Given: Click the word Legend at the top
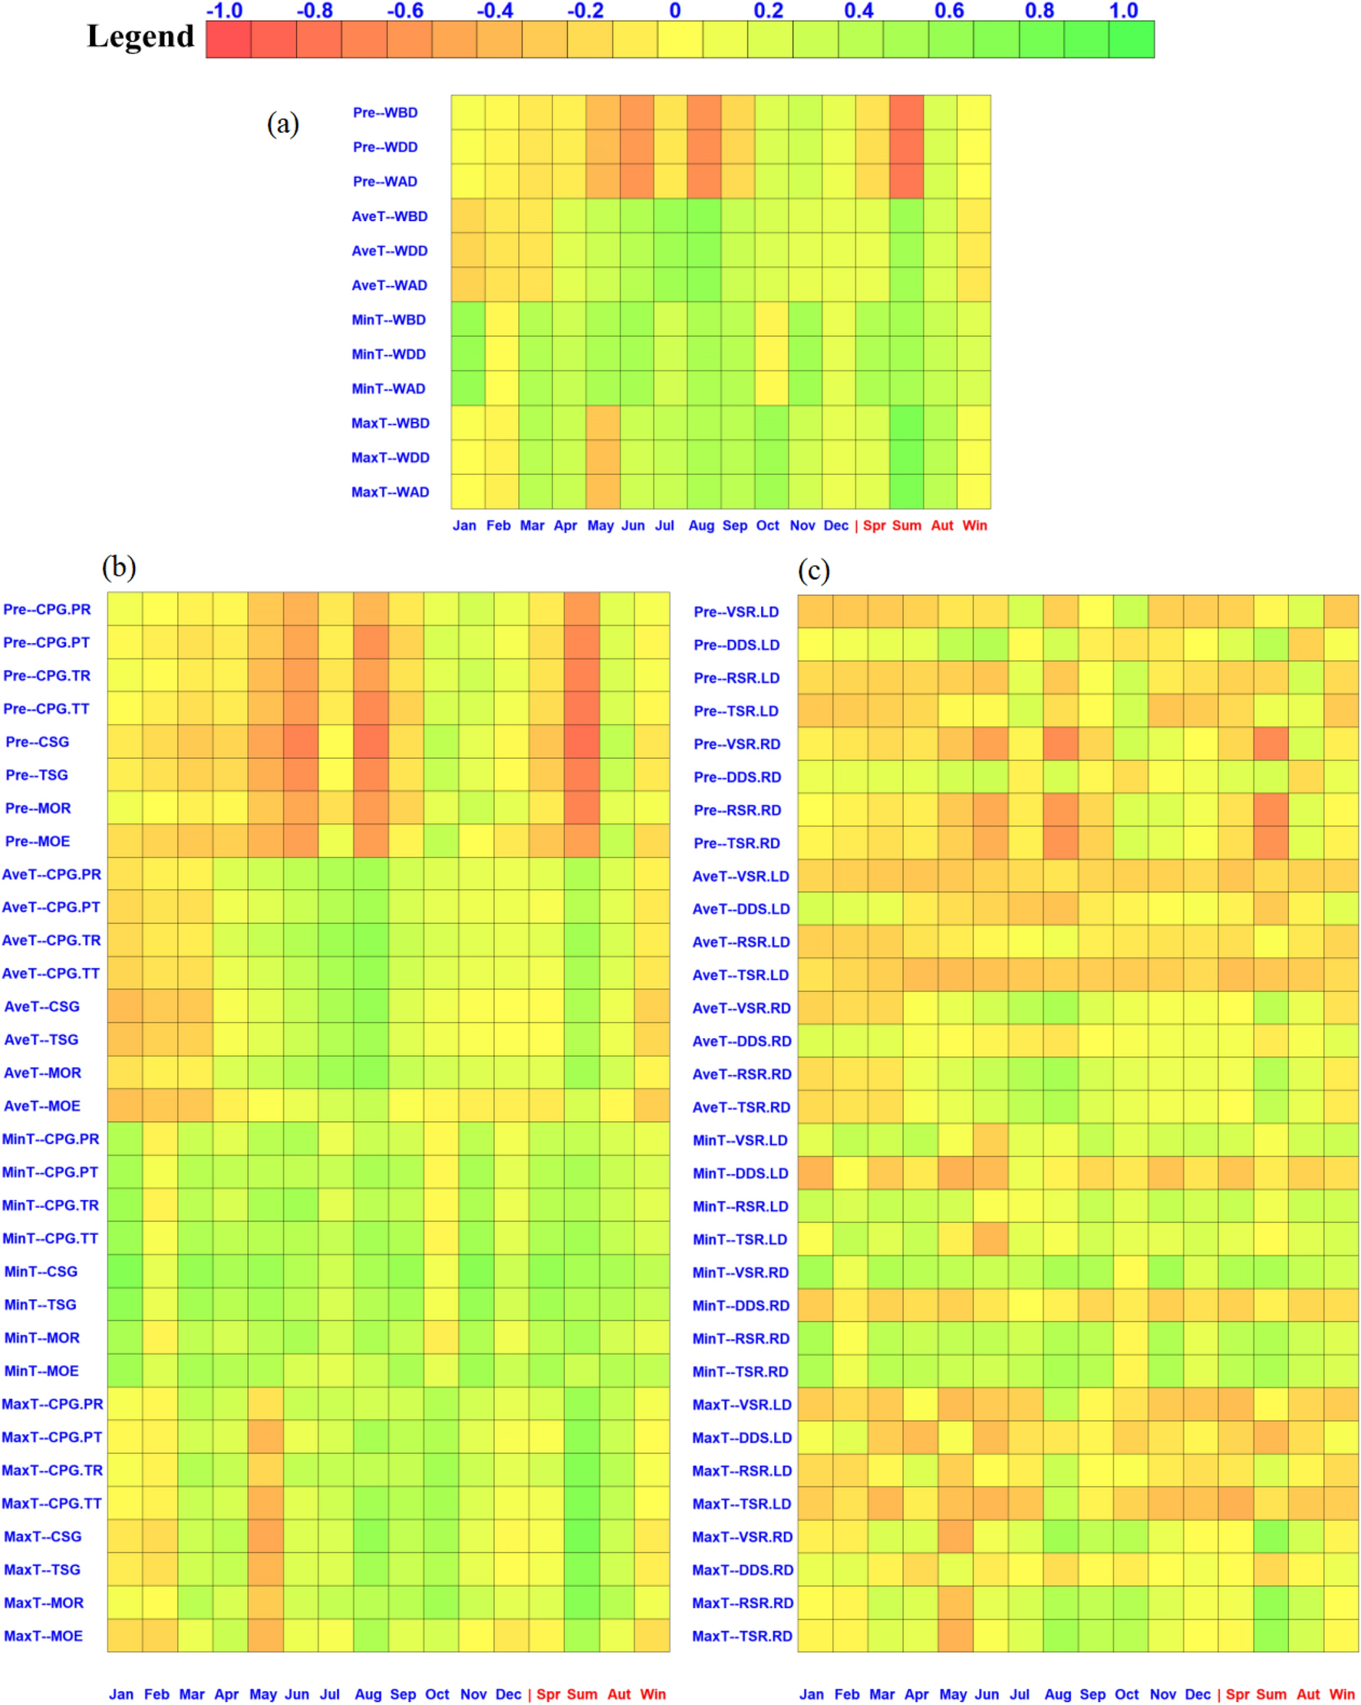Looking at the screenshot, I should coord(140,35).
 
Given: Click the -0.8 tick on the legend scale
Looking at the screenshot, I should coord(314,10).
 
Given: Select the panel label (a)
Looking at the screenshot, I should coord(282,124).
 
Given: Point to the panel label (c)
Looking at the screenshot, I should coord(813,569).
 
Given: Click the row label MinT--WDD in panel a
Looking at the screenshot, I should coord(388,355).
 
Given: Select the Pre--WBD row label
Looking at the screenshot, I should coord(385,112).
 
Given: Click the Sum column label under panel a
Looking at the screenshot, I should coord(906,525).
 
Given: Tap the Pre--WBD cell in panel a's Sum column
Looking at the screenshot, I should coord(906,112).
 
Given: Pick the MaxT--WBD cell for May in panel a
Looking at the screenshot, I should coord(602,423).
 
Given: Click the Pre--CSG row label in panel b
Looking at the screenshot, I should coord(37,742).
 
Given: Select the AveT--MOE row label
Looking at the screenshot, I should coord(42,1106).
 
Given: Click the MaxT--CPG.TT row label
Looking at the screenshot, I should coord(51,1503).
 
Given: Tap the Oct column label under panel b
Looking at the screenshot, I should coord(437,1694).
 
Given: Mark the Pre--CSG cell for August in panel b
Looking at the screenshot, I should coord(371,742).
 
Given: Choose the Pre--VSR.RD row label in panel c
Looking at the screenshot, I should coord(737,744).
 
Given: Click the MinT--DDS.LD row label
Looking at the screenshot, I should coord(740,1173).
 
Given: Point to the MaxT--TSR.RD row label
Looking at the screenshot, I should coord(742,1636).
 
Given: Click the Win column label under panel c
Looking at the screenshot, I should coord(1341,1694).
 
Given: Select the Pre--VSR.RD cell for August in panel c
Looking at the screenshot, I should coord(1060,744).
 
